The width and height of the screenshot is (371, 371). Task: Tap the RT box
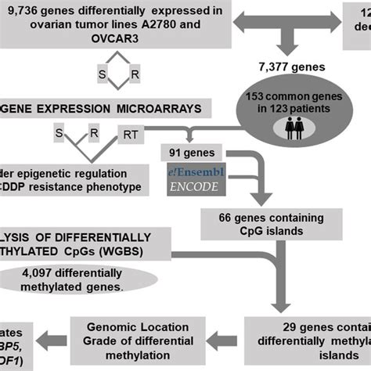(131, 132)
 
